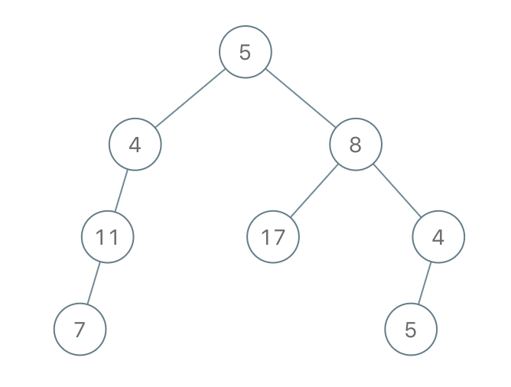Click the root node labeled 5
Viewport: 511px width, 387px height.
click(x=246, y=52)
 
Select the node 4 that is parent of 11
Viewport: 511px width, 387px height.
click(x=135, y=145)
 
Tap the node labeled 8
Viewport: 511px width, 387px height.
click(x=356, y=145)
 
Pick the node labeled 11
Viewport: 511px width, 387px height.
click(x=107, y=237)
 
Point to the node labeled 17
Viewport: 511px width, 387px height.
click(x=273, y=237)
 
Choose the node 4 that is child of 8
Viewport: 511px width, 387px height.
click(x=438, y=237)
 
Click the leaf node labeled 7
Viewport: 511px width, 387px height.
click(x=80, y=330)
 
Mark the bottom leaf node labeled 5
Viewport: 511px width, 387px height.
click(x=411, y=330)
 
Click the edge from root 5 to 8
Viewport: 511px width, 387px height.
click(x=301, y=98)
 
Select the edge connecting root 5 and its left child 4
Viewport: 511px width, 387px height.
click(x=190, y=98)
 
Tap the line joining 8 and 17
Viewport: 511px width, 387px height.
click(x=314, y=190)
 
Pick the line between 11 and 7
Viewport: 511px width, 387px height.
click(x=93, y=283)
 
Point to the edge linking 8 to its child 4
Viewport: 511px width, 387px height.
click(x=397, y=190)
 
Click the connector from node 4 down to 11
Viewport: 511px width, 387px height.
click(x=121, y=190)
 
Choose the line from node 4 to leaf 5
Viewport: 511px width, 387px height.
click(x=425, y=283)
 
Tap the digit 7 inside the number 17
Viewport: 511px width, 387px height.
click(x=279, y=237)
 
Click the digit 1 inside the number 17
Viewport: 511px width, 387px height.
click(x=265, y=237)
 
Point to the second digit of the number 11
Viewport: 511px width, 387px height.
click(x=113, y=237)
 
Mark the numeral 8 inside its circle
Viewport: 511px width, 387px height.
click(x=356, y=145)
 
